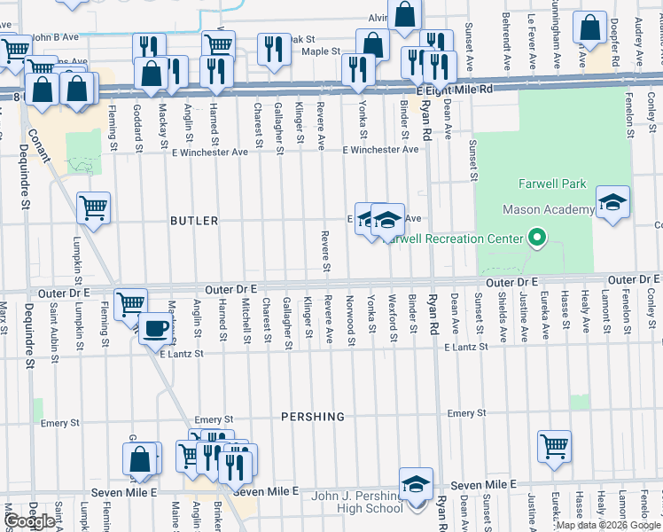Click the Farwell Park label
(x=552, y=184)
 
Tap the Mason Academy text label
(x=549, y=210)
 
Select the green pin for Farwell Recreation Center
(x=535, y=238)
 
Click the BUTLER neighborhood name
(x=193, y=221)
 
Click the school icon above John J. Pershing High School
(x=415, y=484)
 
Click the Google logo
(x=30, y=521)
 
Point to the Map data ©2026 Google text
(x=607, y=525)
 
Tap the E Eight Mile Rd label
(x=454, y=90)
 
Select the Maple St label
(x=321, y=52)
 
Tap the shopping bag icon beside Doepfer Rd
(x=589, y=29)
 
